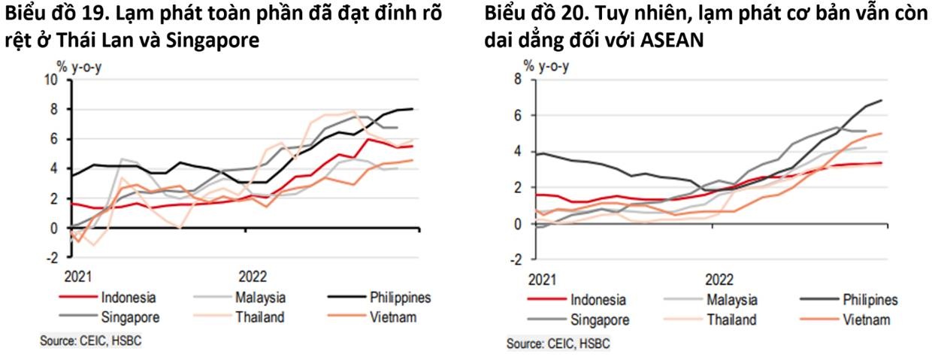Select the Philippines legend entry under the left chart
coord(401,298)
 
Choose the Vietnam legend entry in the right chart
coord(866,320)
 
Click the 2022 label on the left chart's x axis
coord(253,275)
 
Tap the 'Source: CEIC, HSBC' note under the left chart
coord(91,340)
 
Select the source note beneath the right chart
coord(558,344)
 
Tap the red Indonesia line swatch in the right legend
coord(546,301)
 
